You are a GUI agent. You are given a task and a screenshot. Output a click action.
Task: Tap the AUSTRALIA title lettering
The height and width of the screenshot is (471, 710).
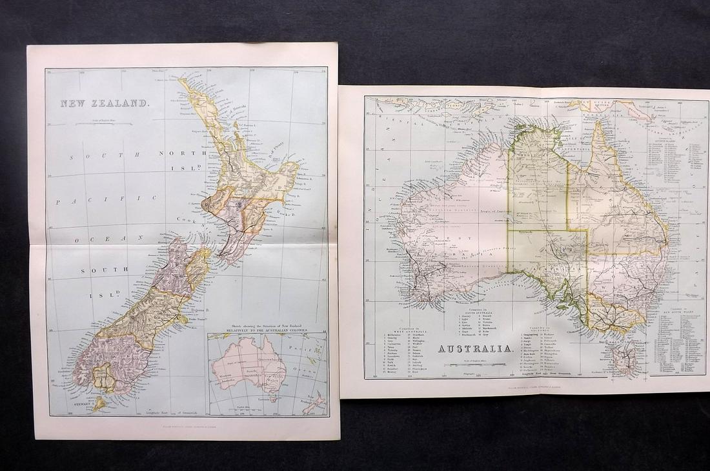476,349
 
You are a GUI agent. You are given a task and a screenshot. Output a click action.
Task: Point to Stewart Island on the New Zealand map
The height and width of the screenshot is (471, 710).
98,405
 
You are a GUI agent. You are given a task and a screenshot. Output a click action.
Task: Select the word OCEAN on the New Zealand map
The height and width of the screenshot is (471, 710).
107,239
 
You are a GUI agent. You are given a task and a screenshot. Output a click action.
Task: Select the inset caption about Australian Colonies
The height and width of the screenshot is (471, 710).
267,328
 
